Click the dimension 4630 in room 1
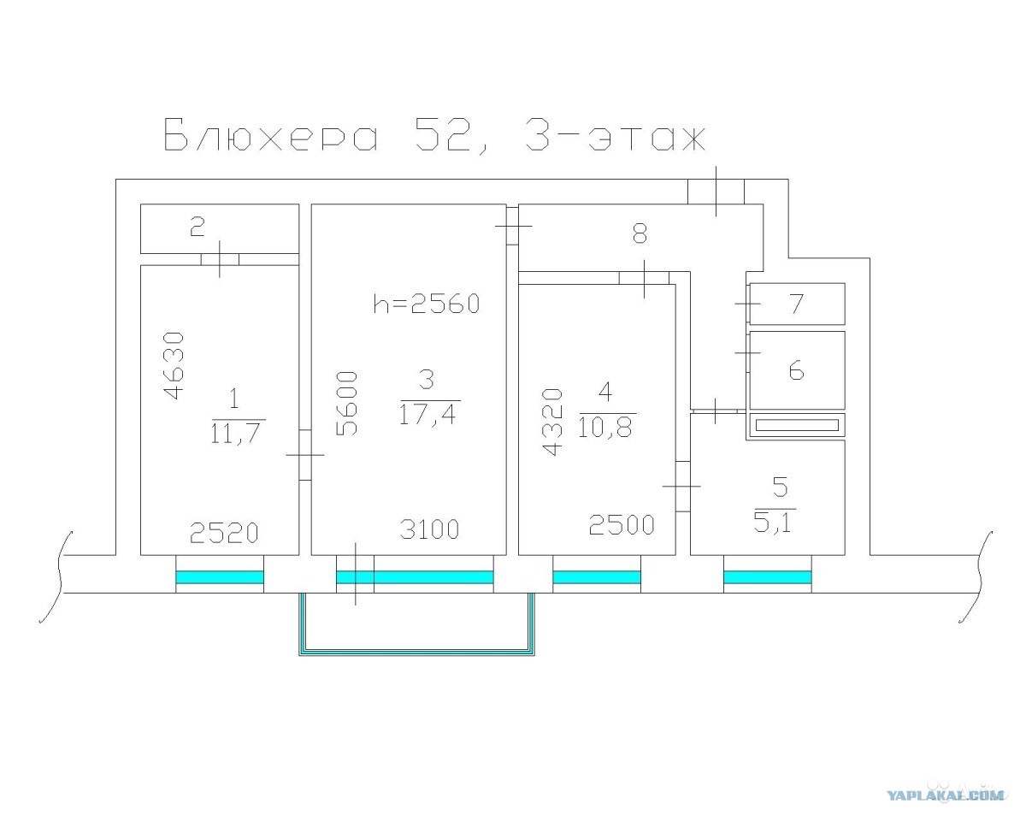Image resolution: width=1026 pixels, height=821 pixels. point(173,366)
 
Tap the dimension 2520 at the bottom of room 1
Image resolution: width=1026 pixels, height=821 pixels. point(224,534)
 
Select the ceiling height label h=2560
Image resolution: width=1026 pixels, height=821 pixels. point(427,304)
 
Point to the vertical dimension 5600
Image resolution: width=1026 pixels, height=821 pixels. point(346,404)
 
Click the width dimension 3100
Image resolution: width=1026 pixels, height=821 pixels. point(429,529)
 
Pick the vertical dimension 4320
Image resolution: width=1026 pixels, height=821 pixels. point(552,422)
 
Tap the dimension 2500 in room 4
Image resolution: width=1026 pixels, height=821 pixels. point(622,525)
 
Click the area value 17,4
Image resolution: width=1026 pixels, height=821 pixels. point(427,414)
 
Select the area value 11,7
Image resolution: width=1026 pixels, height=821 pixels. point(236,433)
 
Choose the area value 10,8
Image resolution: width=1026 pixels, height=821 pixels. point(605,428)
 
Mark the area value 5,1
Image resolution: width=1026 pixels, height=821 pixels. point(772,522)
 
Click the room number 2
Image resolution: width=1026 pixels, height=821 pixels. point(198,227)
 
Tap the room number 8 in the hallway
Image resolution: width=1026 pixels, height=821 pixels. point(640,233)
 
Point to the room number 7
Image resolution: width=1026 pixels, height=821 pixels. point(797,304)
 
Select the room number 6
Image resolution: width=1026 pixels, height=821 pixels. point(796,370)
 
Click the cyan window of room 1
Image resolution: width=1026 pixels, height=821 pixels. point(220,577)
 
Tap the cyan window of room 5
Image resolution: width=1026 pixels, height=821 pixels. point(768,577)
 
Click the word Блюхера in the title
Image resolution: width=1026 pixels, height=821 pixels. point(271,134)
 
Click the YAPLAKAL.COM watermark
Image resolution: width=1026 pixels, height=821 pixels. point(945,794)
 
